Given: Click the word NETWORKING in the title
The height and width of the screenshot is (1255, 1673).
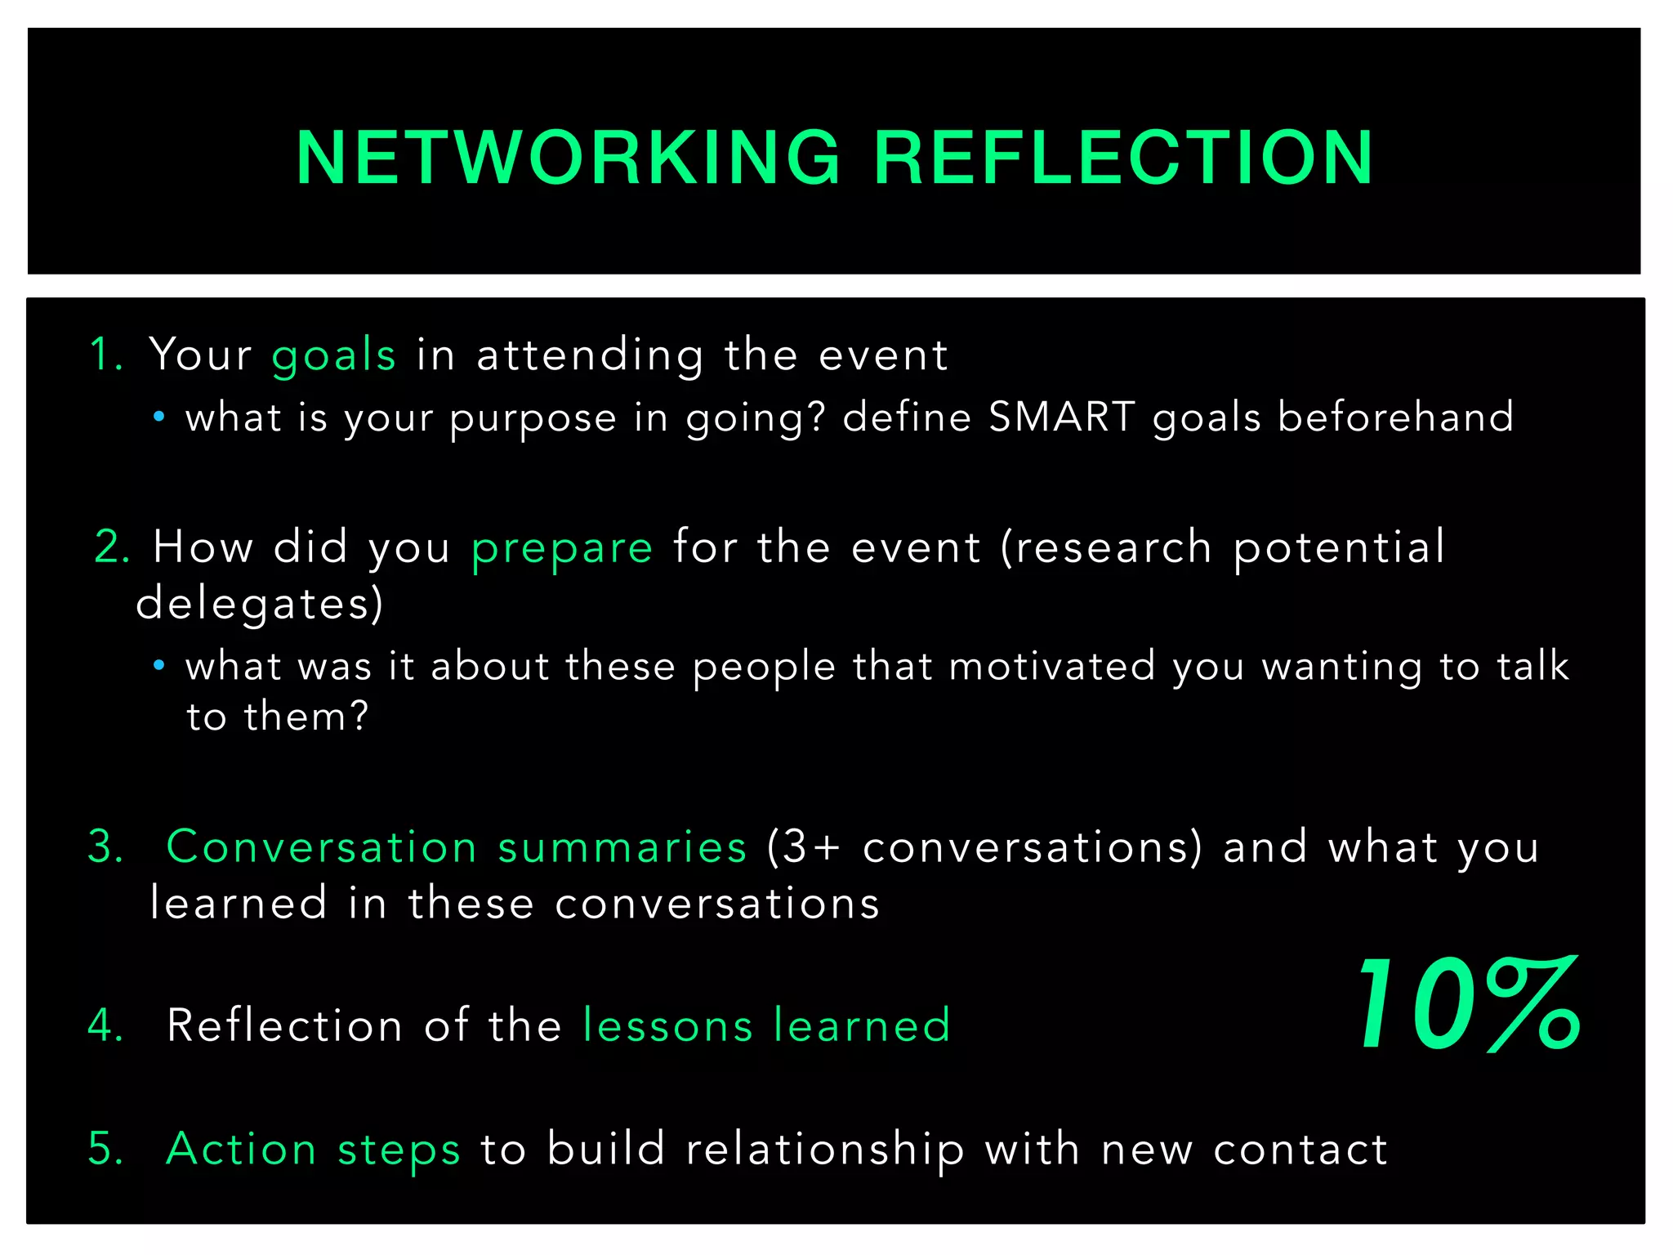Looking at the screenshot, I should (568, 158).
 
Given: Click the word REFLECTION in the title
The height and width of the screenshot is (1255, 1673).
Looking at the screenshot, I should (1124, 158).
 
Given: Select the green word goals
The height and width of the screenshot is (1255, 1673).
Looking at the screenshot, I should (333, 356).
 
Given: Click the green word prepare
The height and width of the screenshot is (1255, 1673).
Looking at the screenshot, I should (562, 547).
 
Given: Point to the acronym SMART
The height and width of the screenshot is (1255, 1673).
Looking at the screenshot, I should (1061, 418).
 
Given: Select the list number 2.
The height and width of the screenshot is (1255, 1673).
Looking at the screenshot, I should (112, 547).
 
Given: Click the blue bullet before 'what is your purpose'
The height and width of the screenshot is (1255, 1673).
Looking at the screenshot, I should (159, 418).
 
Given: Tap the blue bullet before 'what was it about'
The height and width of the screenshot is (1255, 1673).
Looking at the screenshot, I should (159, 665).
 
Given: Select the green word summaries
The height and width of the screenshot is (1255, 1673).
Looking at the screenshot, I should (622, 847).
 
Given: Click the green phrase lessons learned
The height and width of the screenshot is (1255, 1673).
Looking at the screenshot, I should (767, 1025).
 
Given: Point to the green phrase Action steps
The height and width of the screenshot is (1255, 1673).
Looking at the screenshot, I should (314, 1150).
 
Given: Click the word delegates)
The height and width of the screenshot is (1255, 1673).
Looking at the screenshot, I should (259, 605).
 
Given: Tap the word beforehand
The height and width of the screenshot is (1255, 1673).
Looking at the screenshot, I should (1395, 418).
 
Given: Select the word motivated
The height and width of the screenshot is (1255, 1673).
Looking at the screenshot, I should (1052, 666).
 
